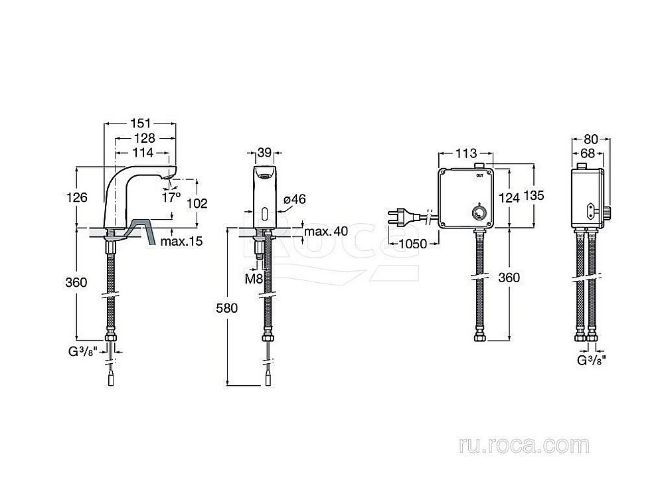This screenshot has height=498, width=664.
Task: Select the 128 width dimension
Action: click(143, 138)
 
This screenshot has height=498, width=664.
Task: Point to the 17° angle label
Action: click(171, 197)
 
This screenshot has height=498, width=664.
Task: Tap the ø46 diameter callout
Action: click(294, 199)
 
